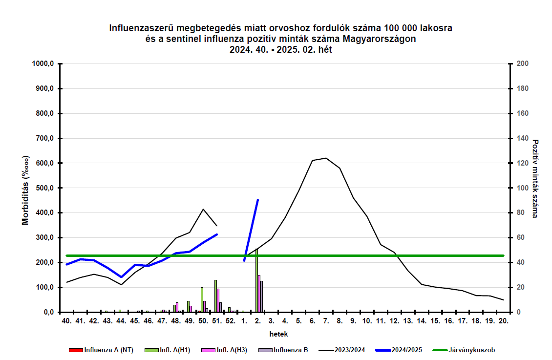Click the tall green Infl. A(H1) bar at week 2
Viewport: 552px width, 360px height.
(x=256, y=281)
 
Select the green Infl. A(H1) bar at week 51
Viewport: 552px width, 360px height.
(x=215, y=296)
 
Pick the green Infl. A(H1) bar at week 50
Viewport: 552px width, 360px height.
(x=202, y=300)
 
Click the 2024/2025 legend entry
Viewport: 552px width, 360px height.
(x=406, y=350)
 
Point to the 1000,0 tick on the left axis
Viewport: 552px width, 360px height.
(x=43, y=64)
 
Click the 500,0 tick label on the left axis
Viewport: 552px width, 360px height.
(x=44, y=188)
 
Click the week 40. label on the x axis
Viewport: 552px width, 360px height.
(x=67, y=321)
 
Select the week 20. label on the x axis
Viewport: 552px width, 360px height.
(x=503, y=321)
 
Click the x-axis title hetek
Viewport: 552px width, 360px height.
(x=278, y=335)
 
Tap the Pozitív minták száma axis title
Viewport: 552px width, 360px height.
(x=536, y=179)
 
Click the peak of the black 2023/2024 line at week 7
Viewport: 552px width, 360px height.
(x=325, y=158)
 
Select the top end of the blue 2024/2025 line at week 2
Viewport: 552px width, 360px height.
(x=257, y=200)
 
